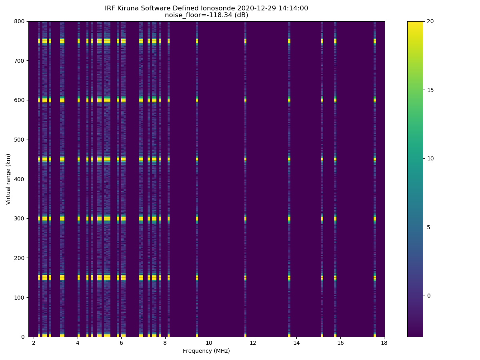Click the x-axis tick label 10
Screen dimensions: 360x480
(209, 343)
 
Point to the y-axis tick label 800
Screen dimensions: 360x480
(20, 21)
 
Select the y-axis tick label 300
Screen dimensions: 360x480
(20, 218)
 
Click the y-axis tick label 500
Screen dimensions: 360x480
(20, 140)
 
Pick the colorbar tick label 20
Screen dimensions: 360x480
(430, 21)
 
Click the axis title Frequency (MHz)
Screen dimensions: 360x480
(206, 351)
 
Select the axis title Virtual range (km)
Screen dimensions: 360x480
(8, 179)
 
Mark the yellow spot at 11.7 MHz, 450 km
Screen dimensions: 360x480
(245, 159)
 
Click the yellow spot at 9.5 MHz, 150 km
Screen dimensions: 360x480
(197, 277)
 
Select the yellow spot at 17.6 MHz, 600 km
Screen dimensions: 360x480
(375, 100)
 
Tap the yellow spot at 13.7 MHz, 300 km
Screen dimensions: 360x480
(289, 218)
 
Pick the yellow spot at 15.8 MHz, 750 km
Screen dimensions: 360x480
(335, 41)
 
